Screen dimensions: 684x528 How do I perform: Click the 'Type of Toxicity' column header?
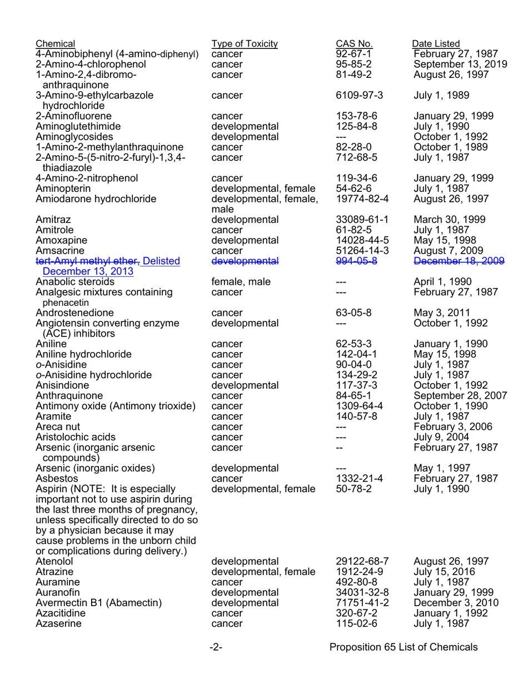(x=244, y=44)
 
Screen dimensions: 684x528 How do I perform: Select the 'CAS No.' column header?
(x=354, y=44)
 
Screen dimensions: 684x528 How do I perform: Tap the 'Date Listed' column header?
(x=436, y=44)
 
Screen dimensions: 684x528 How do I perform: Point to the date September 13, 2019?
(x=460, y=65)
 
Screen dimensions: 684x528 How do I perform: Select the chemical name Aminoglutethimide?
(x=78, y=127)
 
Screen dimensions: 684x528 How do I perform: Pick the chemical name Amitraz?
(x=53, y=220)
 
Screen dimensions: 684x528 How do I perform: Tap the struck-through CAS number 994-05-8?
(x=356, y=261)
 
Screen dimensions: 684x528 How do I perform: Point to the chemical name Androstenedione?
(x=74, y=313)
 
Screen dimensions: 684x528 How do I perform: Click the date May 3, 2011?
(x=441, y=313)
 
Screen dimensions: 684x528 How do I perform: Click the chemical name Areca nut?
(x=58, y=427)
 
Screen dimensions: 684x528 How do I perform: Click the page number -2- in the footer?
(x=216, y=647)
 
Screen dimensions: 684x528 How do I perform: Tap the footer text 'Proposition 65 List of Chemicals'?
(x=404, y=647)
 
